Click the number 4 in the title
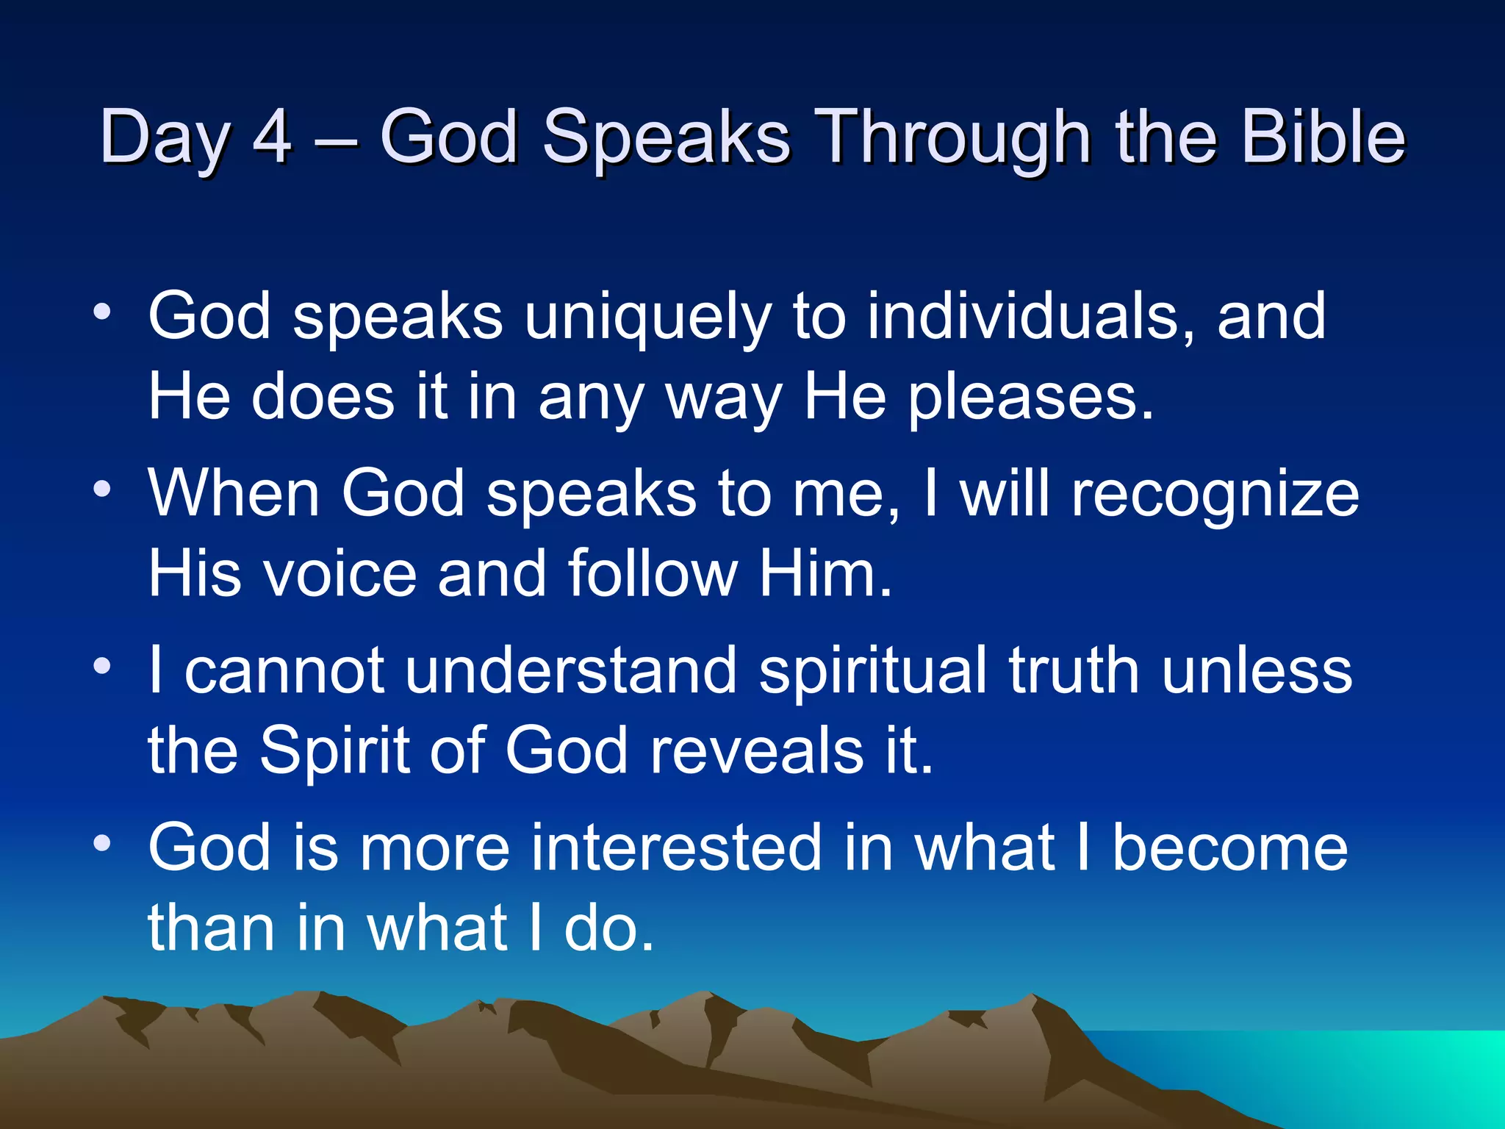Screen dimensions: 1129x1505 tap(272, 136)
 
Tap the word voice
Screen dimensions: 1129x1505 tap(340, 573)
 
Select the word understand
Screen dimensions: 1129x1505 tap(570, 670)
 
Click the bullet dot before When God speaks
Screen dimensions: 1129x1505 tap(102, 490)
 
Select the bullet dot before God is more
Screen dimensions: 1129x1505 tap(102, 843)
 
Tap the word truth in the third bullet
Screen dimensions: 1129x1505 tap(1073, 670)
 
